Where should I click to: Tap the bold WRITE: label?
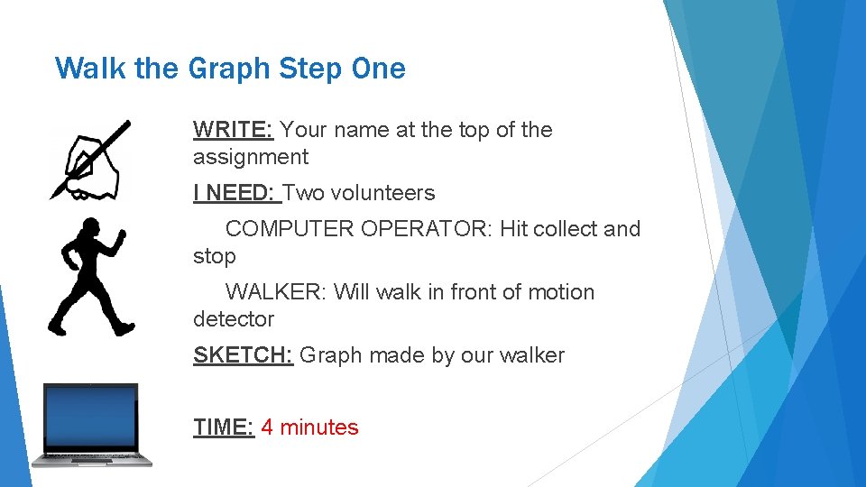coord(233,130)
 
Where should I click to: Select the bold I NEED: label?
coord(236,193)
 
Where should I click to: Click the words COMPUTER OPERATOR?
coord(356,229)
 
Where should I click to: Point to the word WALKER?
coord(276,292)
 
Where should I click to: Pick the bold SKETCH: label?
coord(243,355)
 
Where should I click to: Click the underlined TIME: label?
coord(224,427)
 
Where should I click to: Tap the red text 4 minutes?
coord(309,427)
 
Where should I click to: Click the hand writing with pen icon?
coord(90,161)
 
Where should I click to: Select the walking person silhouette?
coord(90,276)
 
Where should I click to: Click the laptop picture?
coord(91,425)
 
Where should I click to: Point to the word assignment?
coord(250,157)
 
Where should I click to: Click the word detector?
coord(233,319)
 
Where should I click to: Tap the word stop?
coord(214,256)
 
